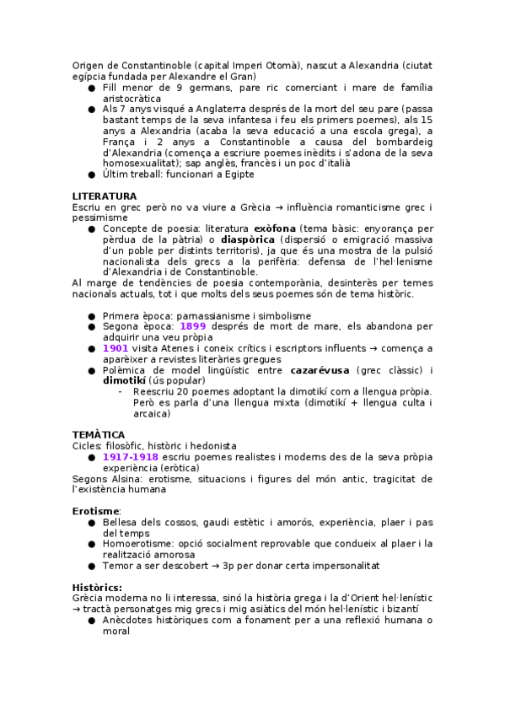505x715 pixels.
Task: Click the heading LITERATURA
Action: click(x=105, y=196)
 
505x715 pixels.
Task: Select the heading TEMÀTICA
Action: click(x=99, y=434)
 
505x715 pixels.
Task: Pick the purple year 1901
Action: click(x=116, y=347)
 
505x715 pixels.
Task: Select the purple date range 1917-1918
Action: click(x=131, y=456)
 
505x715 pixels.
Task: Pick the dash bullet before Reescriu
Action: click(x=121, y=391)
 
